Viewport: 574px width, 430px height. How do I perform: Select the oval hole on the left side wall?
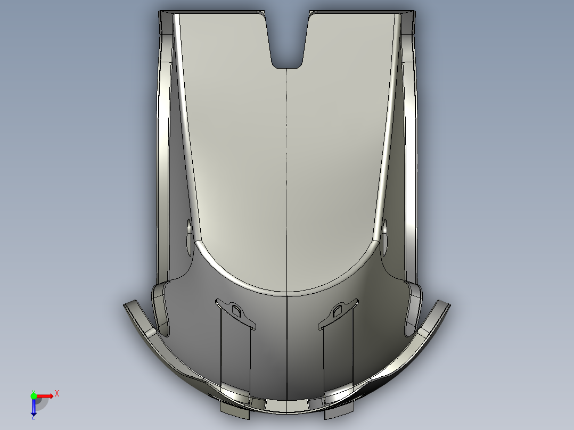click(189, 237)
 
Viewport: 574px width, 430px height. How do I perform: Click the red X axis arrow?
click(45, 395)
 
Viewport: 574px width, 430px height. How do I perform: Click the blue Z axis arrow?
click(34, 407)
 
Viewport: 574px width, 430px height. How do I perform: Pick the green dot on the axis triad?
click(34, 395)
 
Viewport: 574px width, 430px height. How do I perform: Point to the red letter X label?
click(56, 393)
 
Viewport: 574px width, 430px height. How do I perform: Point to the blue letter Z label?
click(33, 418)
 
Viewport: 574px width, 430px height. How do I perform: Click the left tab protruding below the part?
click(234, 410)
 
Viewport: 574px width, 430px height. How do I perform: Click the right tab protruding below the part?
click(339, 410)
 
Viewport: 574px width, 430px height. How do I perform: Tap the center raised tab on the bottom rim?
click(287, 406)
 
